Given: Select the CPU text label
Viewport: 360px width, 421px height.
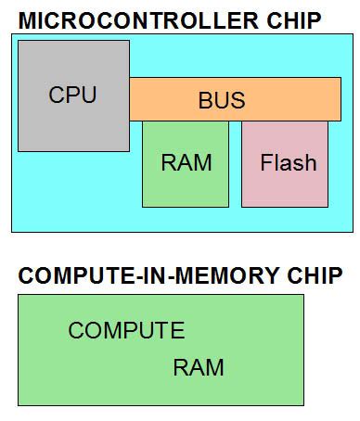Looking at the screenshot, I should point(72,96).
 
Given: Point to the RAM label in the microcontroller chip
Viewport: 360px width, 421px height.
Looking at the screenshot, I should point(186,163).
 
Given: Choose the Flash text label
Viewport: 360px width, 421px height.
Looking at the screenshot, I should point(288,163).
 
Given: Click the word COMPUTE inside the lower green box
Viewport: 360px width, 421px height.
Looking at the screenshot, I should point(126,331).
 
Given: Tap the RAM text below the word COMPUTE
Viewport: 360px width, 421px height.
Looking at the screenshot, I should point(198,367).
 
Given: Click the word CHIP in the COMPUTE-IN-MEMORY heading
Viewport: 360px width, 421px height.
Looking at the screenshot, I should point(315,276).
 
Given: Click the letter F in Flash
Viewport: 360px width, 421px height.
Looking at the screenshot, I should point(266,163).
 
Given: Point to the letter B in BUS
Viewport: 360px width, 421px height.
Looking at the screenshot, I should point(205,100).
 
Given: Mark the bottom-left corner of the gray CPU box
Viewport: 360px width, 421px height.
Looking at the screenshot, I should point(19,151).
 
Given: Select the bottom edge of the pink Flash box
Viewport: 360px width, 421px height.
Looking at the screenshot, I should point(285,206).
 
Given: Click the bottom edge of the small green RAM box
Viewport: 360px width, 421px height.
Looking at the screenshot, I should point(185,206).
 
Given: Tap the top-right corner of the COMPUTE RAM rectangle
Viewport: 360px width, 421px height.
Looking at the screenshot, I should point(302,296).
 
